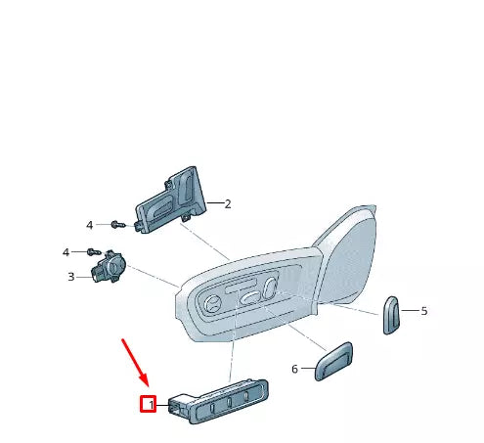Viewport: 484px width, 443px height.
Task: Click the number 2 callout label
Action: pyautogui.click(x=228, y=204)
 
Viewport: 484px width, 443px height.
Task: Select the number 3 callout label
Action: pyautogui.click(x=70, y=277)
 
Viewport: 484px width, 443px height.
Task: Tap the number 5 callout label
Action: pyautogui.click(x=424, y=311)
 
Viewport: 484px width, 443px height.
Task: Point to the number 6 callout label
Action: pyautogui.click(x=294, y=369)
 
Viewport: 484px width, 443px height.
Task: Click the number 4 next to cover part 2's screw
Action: pyautogui.click(x=89, y=225)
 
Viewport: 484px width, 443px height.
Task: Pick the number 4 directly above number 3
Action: pyautogui.click(x=66, y=252)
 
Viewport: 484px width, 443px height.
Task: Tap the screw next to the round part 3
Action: pyautogui.click(x=95, y=252)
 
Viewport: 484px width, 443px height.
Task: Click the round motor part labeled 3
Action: pyautogui.click(x=112, y=268)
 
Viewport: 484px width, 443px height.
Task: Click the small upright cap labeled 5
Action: pyautogui.click(x=391, y=314)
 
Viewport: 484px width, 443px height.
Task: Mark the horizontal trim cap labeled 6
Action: pyautogui.click(x=333, y=361)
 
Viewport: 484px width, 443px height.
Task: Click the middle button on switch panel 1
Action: pyautogui.click(x=229, y=403)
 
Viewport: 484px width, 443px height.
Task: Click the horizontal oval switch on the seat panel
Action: pyautogui.click(x=251, y=299)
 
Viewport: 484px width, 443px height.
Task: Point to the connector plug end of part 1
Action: pyautogui.click(x=178, y=404)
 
